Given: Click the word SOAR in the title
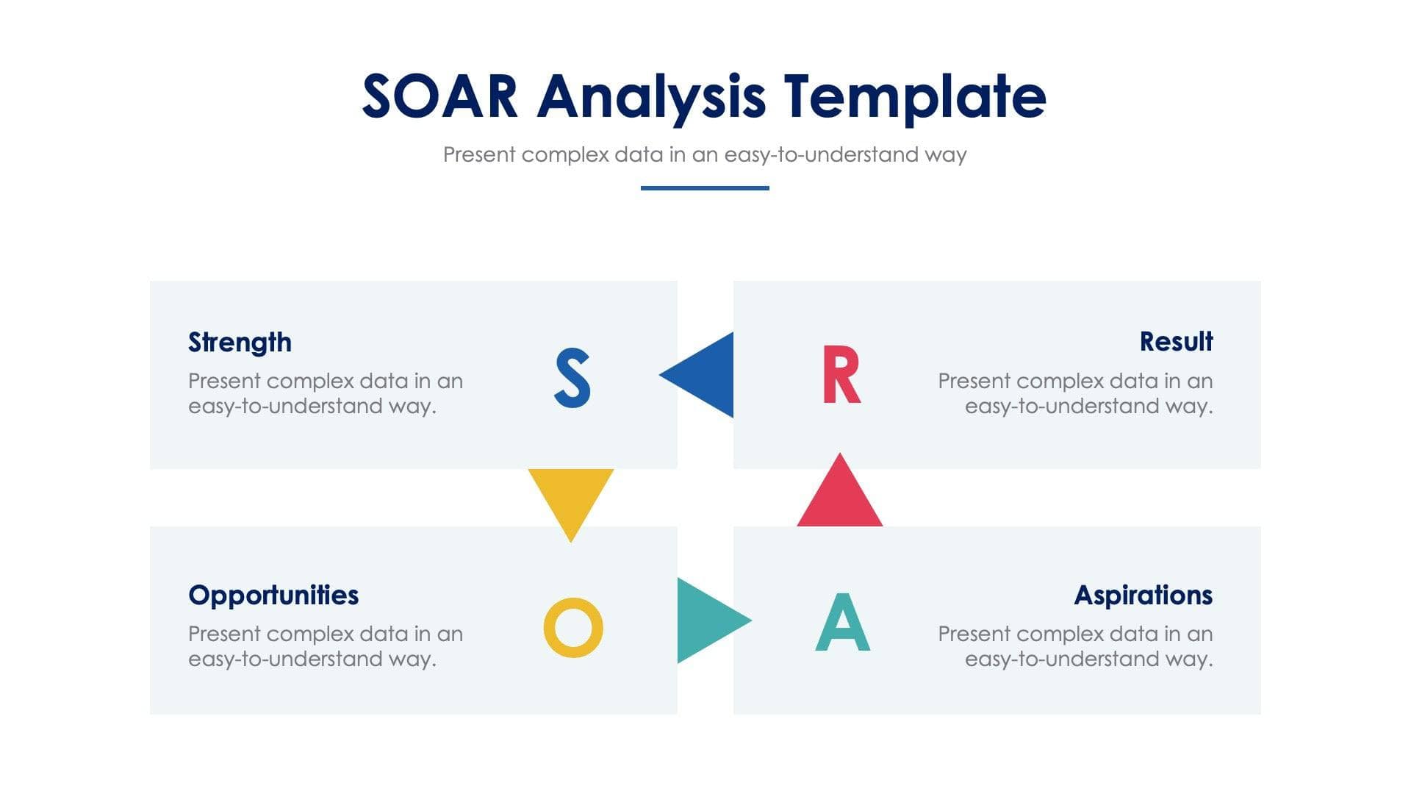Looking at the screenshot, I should point(439,96).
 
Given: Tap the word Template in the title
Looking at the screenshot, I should point(914,96).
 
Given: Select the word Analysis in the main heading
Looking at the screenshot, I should point(651,96).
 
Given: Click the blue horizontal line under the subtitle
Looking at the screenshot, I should point(705,188).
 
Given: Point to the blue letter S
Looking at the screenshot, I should point(572,378).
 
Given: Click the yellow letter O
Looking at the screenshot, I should point(573,627).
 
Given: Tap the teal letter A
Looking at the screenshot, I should point(843,623).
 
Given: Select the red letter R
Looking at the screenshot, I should point(841,375).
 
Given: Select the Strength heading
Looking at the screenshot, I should point(240,343).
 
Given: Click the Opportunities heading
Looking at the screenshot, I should point(273,595).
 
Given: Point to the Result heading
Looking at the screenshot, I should point(1176,342).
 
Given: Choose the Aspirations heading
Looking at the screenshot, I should point(1143,595).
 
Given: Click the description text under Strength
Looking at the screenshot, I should point(325,393).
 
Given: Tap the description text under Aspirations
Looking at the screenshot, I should point(1075,646).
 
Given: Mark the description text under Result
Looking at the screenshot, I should point(1075,393).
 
